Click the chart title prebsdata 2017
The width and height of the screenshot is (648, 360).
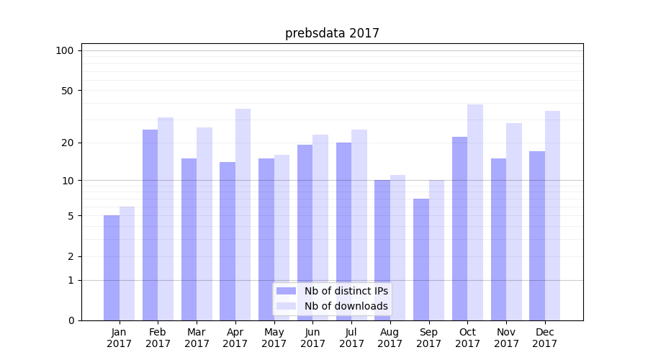pos(332,33)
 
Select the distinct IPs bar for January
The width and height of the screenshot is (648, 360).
pos(112,268)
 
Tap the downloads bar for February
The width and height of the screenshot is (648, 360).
pos(166,219)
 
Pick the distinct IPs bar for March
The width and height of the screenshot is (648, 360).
pos(189,239)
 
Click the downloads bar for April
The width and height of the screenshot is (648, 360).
pos(243,215)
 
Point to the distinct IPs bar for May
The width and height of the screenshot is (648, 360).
pos(266,239)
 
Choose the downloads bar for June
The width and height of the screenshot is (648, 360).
pos(320,228)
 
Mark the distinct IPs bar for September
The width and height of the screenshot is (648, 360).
pos(421,259)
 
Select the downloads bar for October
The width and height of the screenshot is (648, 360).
pos(475,212)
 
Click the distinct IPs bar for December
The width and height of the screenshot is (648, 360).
pos(537,235)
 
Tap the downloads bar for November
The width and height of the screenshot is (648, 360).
pos(514,222)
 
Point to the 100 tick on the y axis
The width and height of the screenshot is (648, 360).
pos(65,50)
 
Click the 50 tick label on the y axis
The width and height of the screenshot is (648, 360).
pos(68,91)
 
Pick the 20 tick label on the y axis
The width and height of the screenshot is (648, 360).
pos(68,143)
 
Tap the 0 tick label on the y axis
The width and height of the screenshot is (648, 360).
pos(71,320)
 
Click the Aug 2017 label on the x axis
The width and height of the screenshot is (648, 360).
pos(390,338)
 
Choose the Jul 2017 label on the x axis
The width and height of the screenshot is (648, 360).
pos(351,338)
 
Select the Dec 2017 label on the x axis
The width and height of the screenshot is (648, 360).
pos(545,338)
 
